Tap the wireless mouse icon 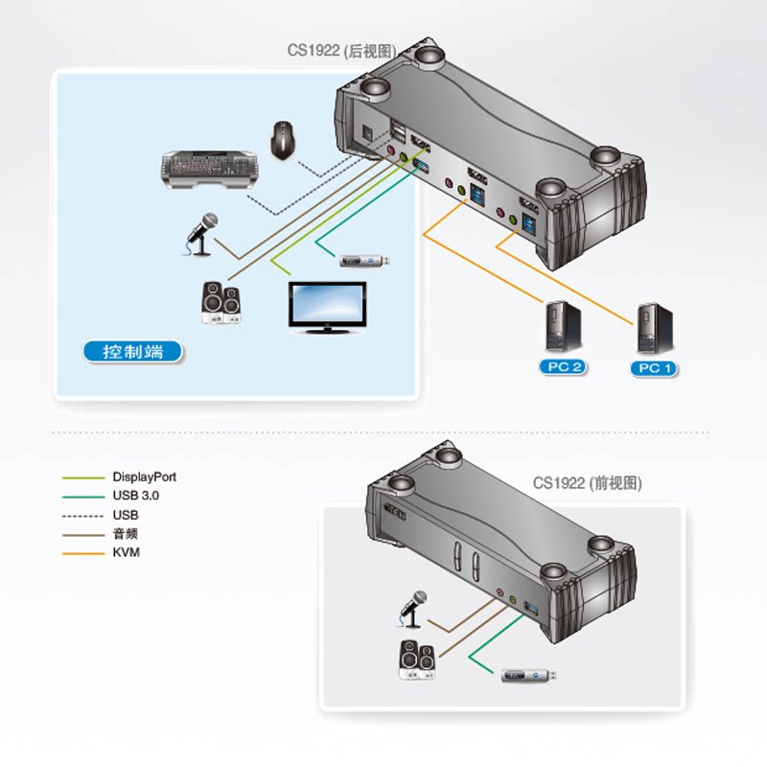point(283,140)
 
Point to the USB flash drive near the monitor point(365,260)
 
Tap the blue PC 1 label point(656,368)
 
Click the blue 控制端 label point(133,352)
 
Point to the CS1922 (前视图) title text point(587,483)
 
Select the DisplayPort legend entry point(144,476)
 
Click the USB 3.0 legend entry point(135,496)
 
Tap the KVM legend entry point(126,552)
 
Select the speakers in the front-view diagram point(417,660)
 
